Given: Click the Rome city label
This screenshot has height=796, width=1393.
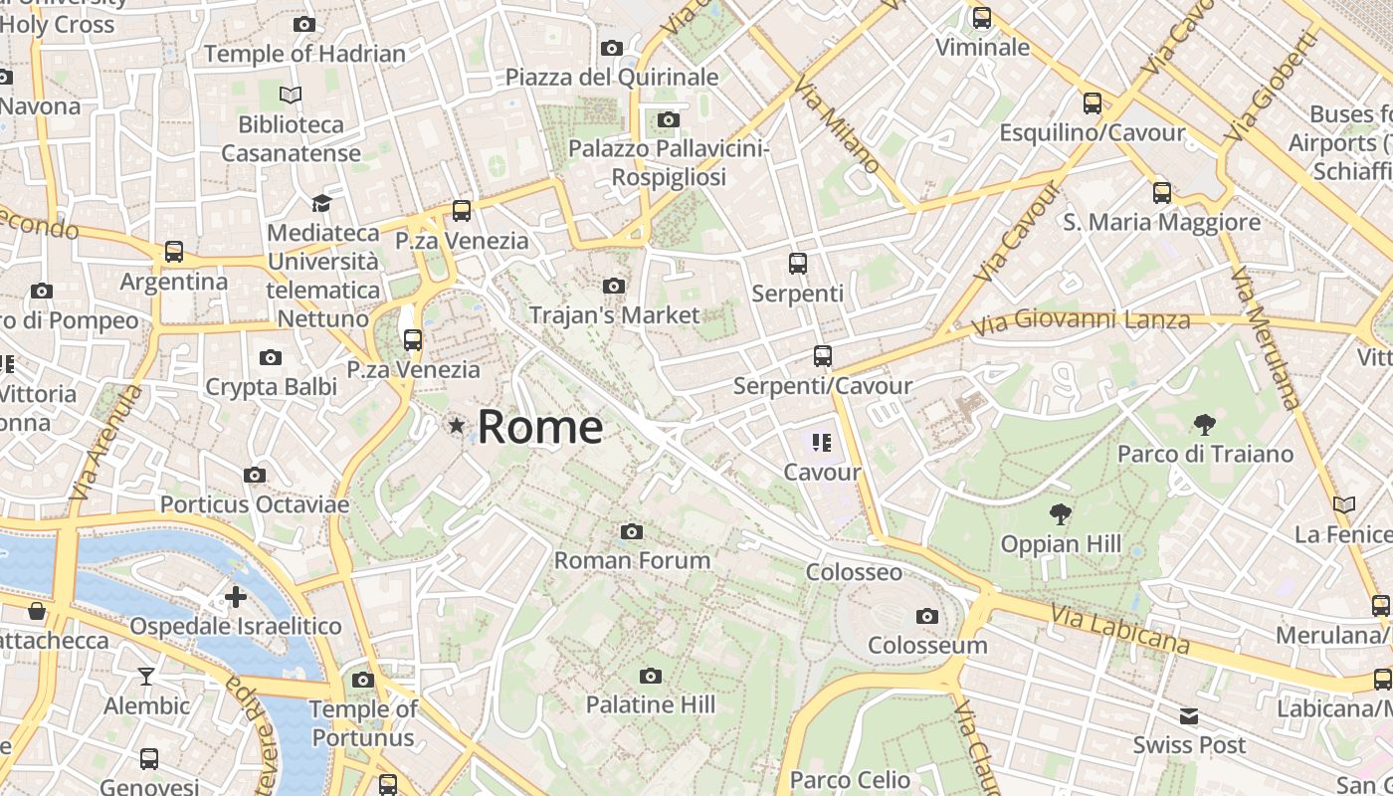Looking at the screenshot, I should (x=539, y=428).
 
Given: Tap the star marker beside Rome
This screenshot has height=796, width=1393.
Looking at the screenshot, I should (x=457, y=426).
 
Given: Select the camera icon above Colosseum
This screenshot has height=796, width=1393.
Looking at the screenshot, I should (x=927, y=617).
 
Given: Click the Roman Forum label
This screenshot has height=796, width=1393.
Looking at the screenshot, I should (x=632, y=560).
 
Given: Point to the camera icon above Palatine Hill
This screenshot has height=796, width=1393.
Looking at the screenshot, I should (x=651, y=677).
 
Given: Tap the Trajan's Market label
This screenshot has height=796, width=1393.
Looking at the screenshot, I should (x=614, y=315).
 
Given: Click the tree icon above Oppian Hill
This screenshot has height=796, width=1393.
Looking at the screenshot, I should (x=1061, y=514).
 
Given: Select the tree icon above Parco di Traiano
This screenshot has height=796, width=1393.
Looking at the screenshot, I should (x=1204, y=425).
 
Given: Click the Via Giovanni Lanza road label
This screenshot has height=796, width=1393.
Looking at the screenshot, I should (x=1081, y=321).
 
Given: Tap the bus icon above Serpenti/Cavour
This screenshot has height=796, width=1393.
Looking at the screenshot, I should (x=822, y=356).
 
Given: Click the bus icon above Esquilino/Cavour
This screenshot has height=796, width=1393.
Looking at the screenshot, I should (x=1092, y=103).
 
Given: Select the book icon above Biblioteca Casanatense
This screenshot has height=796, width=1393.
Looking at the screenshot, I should (x=291, y=96).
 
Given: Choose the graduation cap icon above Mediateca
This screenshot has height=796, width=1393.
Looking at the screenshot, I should (x=321, y=204).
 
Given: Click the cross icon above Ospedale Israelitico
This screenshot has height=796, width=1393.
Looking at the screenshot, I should (x=236, y=597).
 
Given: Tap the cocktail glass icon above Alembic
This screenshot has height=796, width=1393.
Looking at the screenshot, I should (x=146, y=677).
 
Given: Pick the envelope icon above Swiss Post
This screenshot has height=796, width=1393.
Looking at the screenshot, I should (x=1189, y=716).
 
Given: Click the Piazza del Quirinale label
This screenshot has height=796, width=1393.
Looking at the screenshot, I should (x=611, y=77).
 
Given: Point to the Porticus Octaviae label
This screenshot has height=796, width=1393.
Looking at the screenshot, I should (x=255, y=504).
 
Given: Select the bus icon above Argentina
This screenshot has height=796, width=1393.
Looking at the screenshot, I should (x=174, y=252).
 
